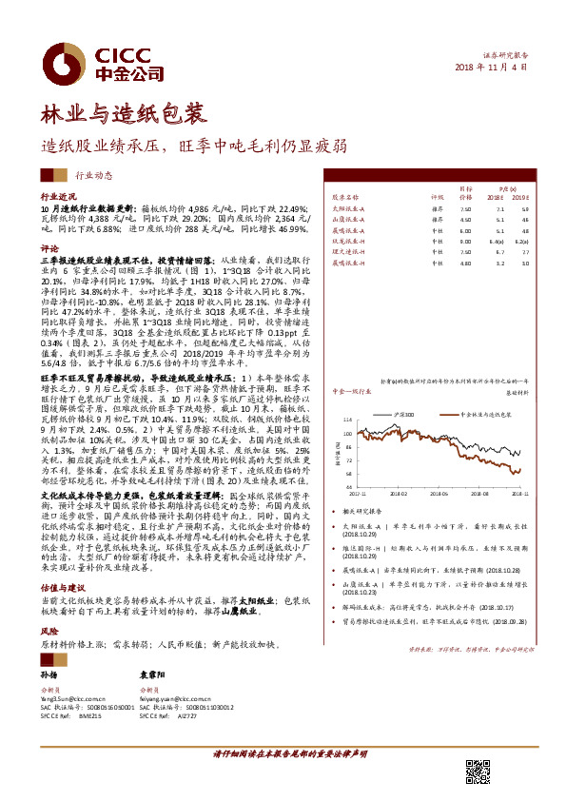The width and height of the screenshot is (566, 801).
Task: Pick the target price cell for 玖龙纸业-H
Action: pos(464,242)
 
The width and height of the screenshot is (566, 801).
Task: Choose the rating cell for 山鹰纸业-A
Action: pos(437,218)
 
